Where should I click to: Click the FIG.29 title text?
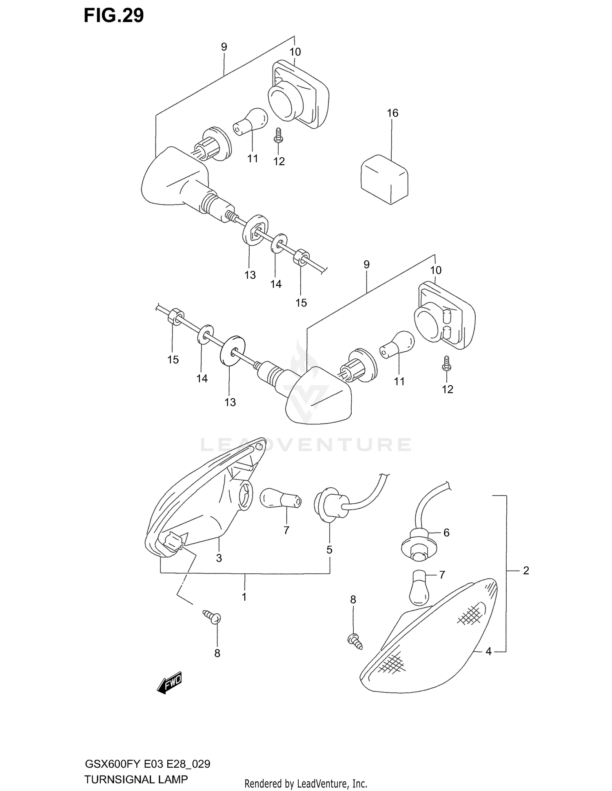[113, 15]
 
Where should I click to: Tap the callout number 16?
[392, 113]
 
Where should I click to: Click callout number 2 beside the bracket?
[526, 571]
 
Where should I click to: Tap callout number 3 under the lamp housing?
[219, 558]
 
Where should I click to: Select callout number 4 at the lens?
[488, 651]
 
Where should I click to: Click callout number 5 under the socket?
[329, 550]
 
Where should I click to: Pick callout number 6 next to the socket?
[446, 532]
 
